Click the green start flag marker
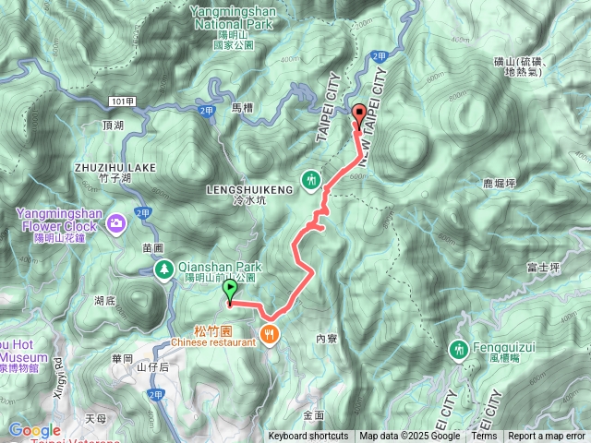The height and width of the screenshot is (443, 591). point(229,292)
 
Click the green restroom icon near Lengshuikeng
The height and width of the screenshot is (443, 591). point(312,178)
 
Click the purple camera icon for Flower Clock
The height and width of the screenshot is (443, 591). point(117,221)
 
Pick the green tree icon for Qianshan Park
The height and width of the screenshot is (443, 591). point(163,268)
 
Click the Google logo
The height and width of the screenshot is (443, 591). point(34,430)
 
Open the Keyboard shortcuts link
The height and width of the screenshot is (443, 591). point(308,437)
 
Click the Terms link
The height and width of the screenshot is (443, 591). point(484,437)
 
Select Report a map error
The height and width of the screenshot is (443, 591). point(547,437)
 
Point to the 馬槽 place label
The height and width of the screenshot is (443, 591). point(241,108)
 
